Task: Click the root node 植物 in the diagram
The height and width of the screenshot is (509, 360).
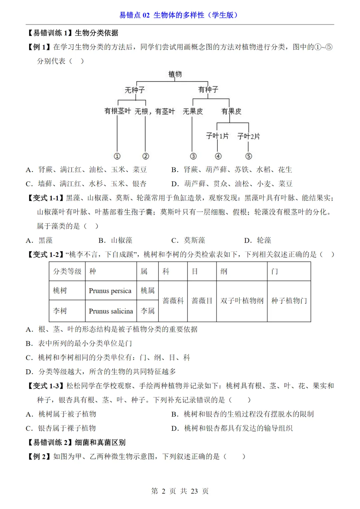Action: click(x=175, y=74)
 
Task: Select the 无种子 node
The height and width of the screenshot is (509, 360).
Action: click(x=135, y=90)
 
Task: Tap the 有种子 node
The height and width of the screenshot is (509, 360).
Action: click(x=208, y=90)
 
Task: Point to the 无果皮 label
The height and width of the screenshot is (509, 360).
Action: click(x=193, y=111)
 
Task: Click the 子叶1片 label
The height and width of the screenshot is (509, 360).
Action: click(x=217, y=136)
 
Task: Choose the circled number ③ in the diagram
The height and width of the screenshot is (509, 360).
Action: click(x=193, y=156)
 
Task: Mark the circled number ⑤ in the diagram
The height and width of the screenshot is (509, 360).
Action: click(x=249, y=156)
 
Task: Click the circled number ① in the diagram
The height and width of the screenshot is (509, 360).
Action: click(x=117, y=156)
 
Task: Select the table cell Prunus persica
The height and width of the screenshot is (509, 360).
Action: click(x=110, y=291)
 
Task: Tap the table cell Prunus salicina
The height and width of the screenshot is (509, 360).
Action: click(x=111, y=311)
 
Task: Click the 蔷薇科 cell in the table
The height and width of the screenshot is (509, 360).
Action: click(x=173, y=301)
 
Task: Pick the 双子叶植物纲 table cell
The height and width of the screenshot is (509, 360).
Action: click(x=242, y=301)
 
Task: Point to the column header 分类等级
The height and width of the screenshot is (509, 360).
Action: click(x=67, y=271)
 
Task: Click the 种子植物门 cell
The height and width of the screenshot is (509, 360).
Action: click(x=289, y=301)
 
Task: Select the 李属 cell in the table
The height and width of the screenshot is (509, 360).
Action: click(x=147, y=311)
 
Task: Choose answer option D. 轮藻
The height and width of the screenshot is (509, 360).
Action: click(x=258, y=240)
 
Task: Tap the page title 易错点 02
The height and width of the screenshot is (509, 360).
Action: click(x=135, y=15)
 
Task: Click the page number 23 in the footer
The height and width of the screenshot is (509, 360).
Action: click(x=194, y=491)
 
